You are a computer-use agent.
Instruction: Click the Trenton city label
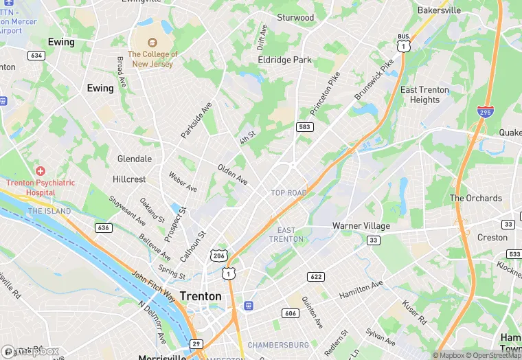(201, 296)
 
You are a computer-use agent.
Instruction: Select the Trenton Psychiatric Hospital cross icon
(41, 170)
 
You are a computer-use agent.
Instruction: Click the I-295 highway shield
(485, 112)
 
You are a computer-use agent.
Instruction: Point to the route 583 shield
(305, 127)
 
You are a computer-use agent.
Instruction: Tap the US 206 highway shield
(218, 255)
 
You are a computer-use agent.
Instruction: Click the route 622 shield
(316, 276)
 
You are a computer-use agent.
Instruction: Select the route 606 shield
(290, 313)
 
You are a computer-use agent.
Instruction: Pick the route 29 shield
(196, 344)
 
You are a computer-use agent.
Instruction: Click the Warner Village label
(361, 225)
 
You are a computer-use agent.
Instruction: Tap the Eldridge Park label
(284, 60)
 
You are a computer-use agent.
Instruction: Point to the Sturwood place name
(295, 17)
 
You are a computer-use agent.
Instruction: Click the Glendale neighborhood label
(134, 159)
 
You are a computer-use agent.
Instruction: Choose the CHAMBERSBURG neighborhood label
(278, 344)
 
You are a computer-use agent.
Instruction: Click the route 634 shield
(36, 55)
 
